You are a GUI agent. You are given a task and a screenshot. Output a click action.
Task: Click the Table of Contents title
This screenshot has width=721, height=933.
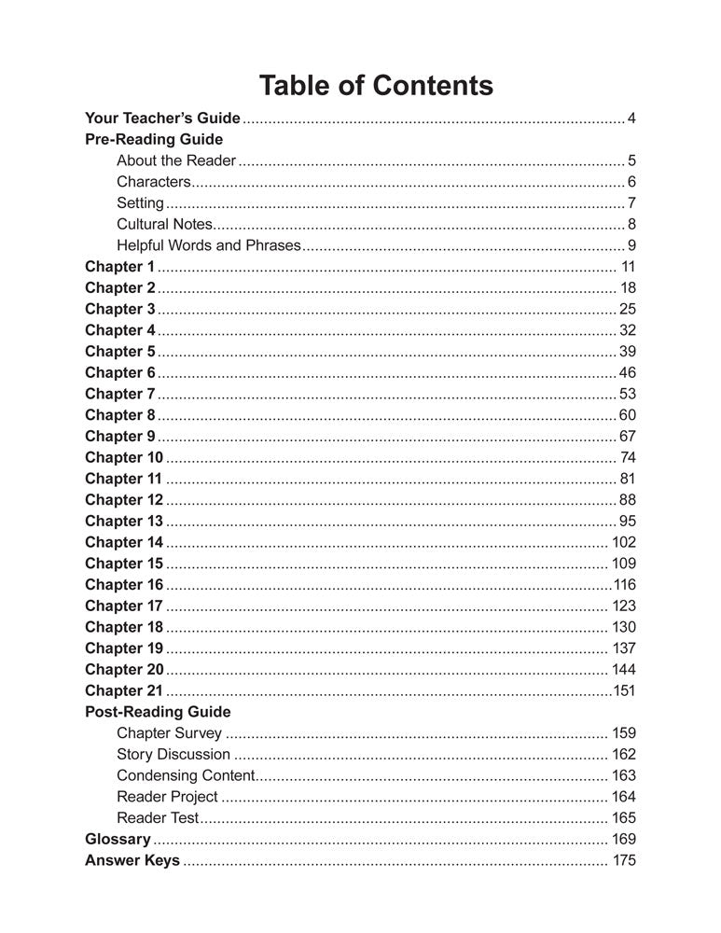pos(376,86)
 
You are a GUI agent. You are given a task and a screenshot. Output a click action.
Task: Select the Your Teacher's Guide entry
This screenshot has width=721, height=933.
pos(162,118)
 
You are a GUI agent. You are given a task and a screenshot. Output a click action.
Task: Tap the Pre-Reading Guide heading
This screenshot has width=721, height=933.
pos(153,139)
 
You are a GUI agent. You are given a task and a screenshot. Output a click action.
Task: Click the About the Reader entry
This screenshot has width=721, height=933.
pos(176,160)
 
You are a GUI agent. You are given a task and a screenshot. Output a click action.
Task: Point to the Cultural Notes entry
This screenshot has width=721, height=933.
pos(165,224)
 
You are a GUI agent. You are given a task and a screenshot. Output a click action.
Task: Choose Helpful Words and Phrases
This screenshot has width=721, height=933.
pos(209,245)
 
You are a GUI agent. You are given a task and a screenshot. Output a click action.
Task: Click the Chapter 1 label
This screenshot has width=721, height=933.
pos(119,267)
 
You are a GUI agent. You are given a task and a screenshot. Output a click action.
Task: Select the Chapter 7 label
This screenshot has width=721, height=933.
pos(119,394)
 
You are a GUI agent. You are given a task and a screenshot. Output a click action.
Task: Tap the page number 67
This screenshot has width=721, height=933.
pos(627,436)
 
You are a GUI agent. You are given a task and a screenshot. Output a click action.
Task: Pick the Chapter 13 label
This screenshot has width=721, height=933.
pos(123,521)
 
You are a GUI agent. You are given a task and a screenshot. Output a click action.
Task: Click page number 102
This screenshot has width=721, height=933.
pos(623,542)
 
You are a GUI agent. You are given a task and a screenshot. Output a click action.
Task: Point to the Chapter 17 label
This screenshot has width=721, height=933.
pos(123,606)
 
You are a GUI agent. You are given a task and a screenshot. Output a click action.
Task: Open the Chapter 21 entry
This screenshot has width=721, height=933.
pos(123,690)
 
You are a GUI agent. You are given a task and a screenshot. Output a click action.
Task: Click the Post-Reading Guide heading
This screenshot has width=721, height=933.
pos(157,712)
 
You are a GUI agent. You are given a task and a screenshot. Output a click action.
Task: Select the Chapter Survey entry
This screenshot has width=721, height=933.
pos(169,733)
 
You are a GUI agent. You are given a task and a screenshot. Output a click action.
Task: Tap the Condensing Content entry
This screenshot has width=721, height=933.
pos(185,775)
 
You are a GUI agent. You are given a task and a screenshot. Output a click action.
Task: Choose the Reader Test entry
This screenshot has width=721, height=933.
pos(158,818)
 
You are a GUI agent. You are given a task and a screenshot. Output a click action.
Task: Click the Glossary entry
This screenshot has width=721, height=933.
pos(117,839)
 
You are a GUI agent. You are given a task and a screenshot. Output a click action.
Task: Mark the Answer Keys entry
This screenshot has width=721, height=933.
pos(132,860)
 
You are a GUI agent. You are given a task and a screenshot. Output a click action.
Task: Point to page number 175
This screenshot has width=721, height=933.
pos(624,860)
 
